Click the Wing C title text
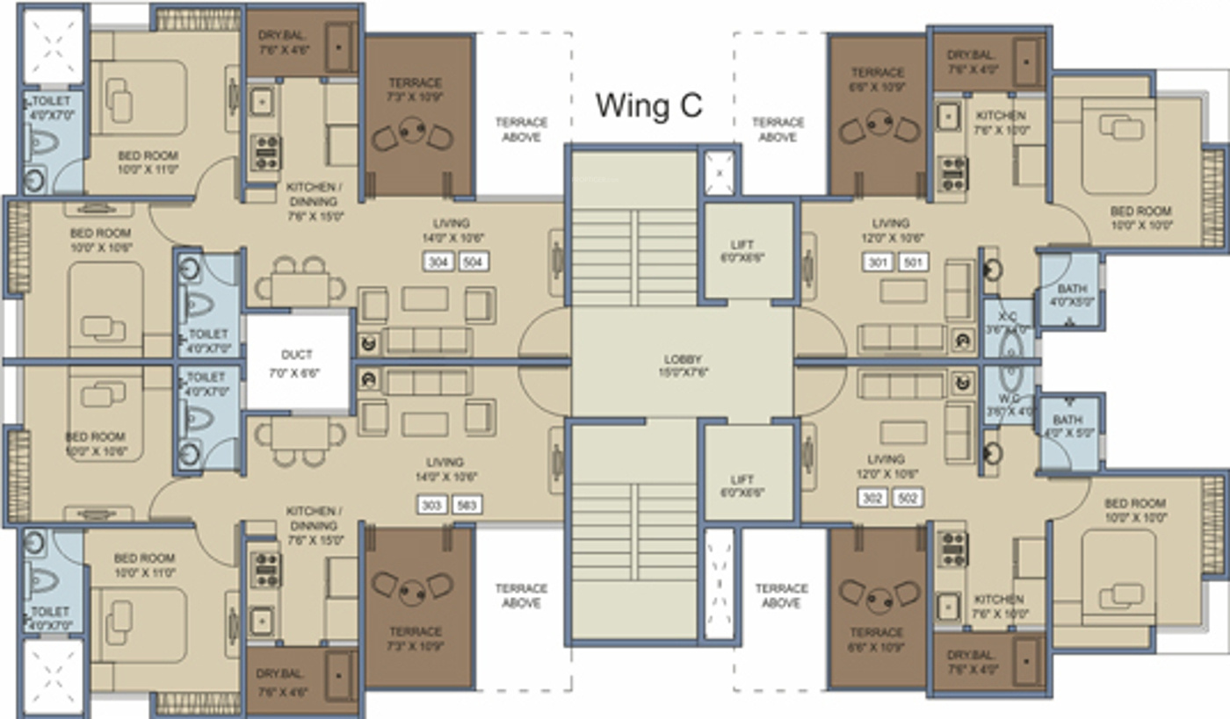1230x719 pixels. pos(649,105)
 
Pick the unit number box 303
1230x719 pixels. pos(431,505)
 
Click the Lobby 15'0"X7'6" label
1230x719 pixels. pos(682,365)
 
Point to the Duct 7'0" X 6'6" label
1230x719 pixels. pos(297,363)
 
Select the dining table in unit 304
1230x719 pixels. pos(300,287)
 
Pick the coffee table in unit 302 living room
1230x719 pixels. pos(903,431)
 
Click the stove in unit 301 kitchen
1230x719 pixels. pos(952,173)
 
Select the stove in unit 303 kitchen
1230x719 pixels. pos(265,569)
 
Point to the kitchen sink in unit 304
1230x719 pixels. pos(261,101)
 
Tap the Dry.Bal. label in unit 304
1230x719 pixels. pos(281,42)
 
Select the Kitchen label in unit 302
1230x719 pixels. pos(998,606)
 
